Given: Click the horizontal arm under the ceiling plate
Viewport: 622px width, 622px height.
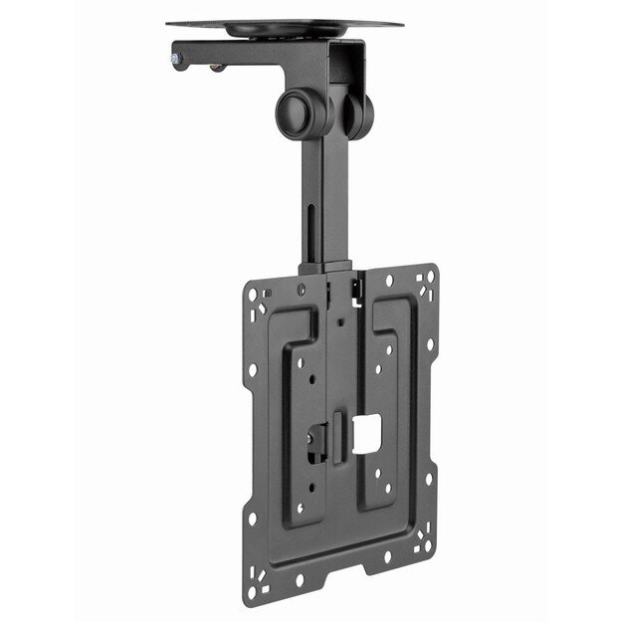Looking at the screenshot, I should tap(259, 55).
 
